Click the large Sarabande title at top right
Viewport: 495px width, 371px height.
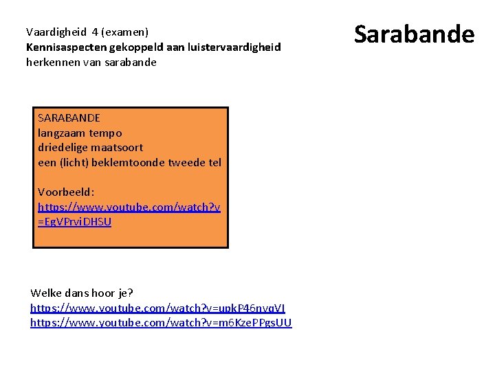pyautogui.click(x=414, y=34)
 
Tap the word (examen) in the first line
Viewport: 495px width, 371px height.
pyautogui.click(x=124, y=32)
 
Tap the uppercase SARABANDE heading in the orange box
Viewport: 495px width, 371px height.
pyautogui.click(x=69, y=118)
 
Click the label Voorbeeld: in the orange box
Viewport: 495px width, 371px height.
pyautogui.click(x=66, y=192)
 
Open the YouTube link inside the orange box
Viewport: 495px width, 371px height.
pyautogui.click(x=129, y=207)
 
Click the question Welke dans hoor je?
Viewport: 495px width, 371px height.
pyautogui.click(x=82, y=293)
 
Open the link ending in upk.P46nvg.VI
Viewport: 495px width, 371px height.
pyautogui.click(x=157, y=308)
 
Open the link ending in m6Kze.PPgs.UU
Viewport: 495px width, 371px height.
pyautogui.click(x=161, y=323)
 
